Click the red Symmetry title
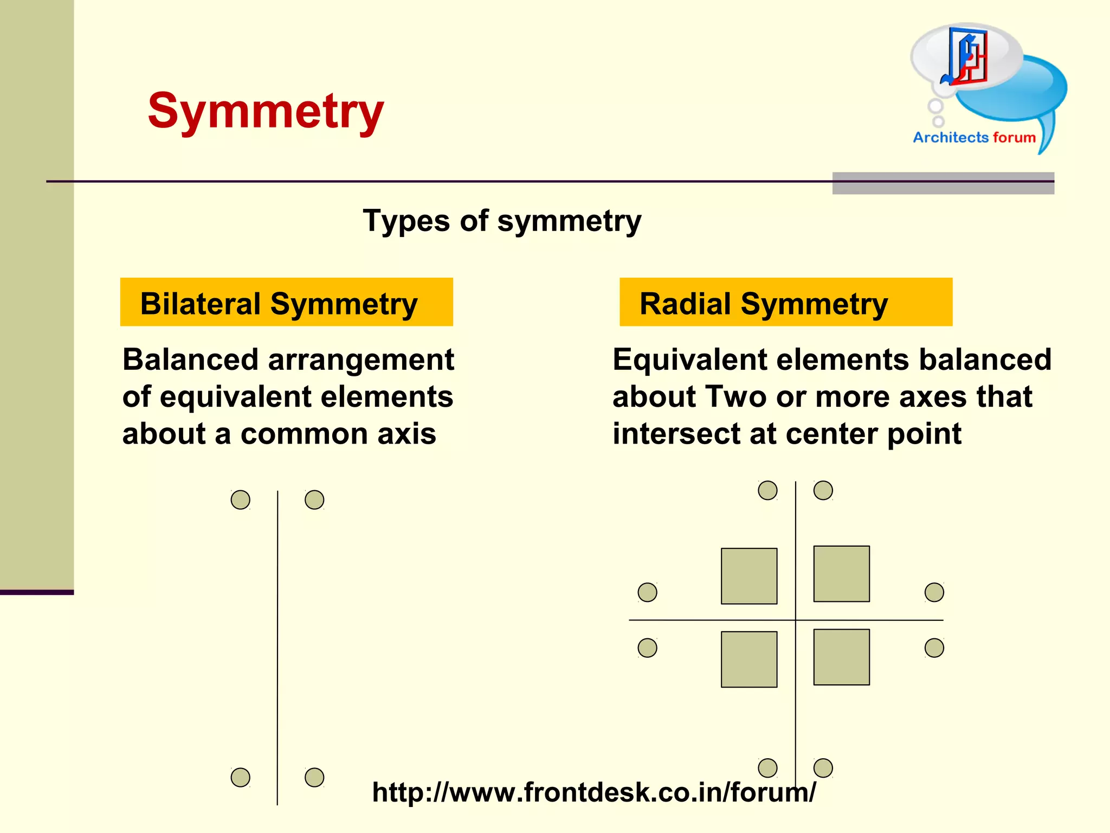click(266, 111)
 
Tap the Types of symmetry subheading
click(502, 221)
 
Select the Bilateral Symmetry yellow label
click(286, 303)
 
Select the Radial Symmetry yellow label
click(785, 303)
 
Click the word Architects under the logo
click(951, 138)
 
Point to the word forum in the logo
click(1014, 138)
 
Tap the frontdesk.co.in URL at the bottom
click(593, 792)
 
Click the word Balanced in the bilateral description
click(190, 360)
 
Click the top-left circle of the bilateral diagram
click(241, 499)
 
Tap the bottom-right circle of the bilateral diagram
click(314, 777)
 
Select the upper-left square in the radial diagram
click(749, 576)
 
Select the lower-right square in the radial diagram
click(841, 657)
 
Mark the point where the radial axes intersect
click(796, 620)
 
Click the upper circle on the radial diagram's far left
click(647, 592)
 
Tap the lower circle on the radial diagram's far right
click(934, 648)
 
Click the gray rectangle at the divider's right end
click(943, 183)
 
